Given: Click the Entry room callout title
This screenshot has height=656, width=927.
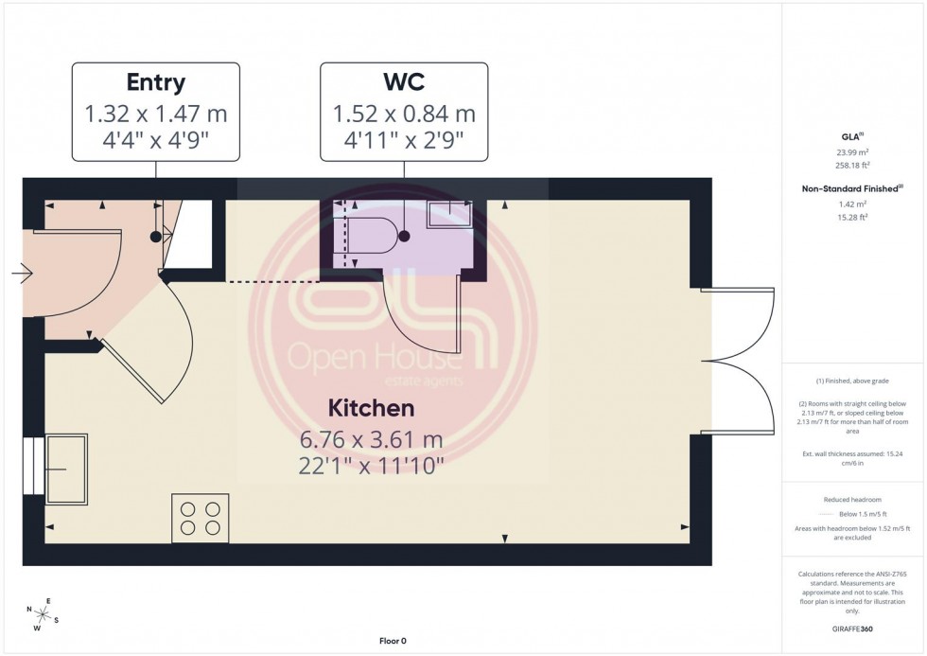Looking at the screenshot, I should [156, 82].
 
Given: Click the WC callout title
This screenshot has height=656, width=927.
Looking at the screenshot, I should [404, 82].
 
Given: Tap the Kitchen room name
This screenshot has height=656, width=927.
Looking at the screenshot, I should [371, 409].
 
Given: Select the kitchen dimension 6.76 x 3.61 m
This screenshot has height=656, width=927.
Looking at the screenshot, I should [371, 440].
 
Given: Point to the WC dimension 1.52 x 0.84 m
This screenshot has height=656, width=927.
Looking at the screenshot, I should [404, 115].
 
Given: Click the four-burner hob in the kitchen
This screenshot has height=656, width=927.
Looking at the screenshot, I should [200, 518].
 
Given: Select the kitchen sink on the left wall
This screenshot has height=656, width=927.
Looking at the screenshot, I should [65, 467].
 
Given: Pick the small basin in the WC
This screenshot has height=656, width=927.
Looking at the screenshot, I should [450, 214].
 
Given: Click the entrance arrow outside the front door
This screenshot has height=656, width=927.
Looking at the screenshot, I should [22, 275].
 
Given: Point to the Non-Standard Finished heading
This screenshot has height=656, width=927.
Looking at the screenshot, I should [851, 188].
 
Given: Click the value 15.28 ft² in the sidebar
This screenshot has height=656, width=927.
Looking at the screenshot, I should [853, 217].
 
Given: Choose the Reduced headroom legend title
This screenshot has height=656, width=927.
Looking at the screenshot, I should [853, 499].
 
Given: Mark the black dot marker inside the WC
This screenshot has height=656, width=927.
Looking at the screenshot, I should [404, 235].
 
